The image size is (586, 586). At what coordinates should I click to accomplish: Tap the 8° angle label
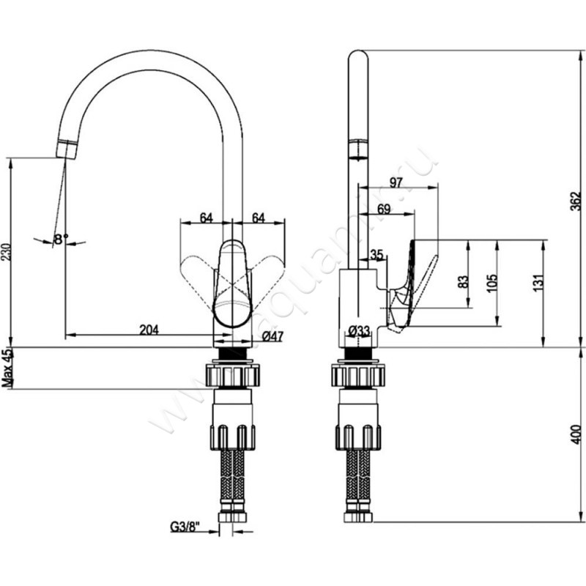click(60, 239)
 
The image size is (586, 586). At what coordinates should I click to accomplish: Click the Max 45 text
click(8, 368)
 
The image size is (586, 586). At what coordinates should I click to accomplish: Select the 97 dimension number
click(396, 182)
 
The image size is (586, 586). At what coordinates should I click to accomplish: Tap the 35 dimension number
click(377, 255)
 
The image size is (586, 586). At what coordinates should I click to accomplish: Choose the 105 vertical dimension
click(492, 282)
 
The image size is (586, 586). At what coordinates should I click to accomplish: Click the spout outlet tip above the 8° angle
click(65, 150)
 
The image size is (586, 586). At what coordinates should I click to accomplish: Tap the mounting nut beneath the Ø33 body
click(357, 374)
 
